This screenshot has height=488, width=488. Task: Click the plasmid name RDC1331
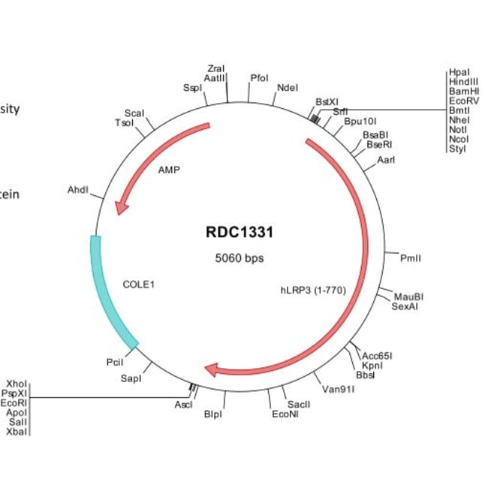click(x=239, y=233)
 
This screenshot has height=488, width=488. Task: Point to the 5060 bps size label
click(x=239, y=258)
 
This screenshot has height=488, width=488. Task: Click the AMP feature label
click(x=169, y=170)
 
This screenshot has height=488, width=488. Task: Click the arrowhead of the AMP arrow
click(x=119, y=208)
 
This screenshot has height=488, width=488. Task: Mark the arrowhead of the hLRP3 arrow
click(x=212, y=369)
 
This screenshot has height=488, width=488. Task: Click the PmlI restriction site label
click(x=410, y=258)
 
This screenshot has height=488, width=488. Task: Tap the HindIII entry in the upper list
click(x=463, y=80)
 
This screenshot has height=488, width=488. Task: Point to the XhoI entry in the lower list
click(x=16, y=382)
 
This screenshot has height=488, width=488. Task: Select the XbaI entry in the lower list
click(x=16, y=432)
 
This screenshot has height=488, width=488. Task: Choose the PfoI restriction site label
click(x=260, y=77)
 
